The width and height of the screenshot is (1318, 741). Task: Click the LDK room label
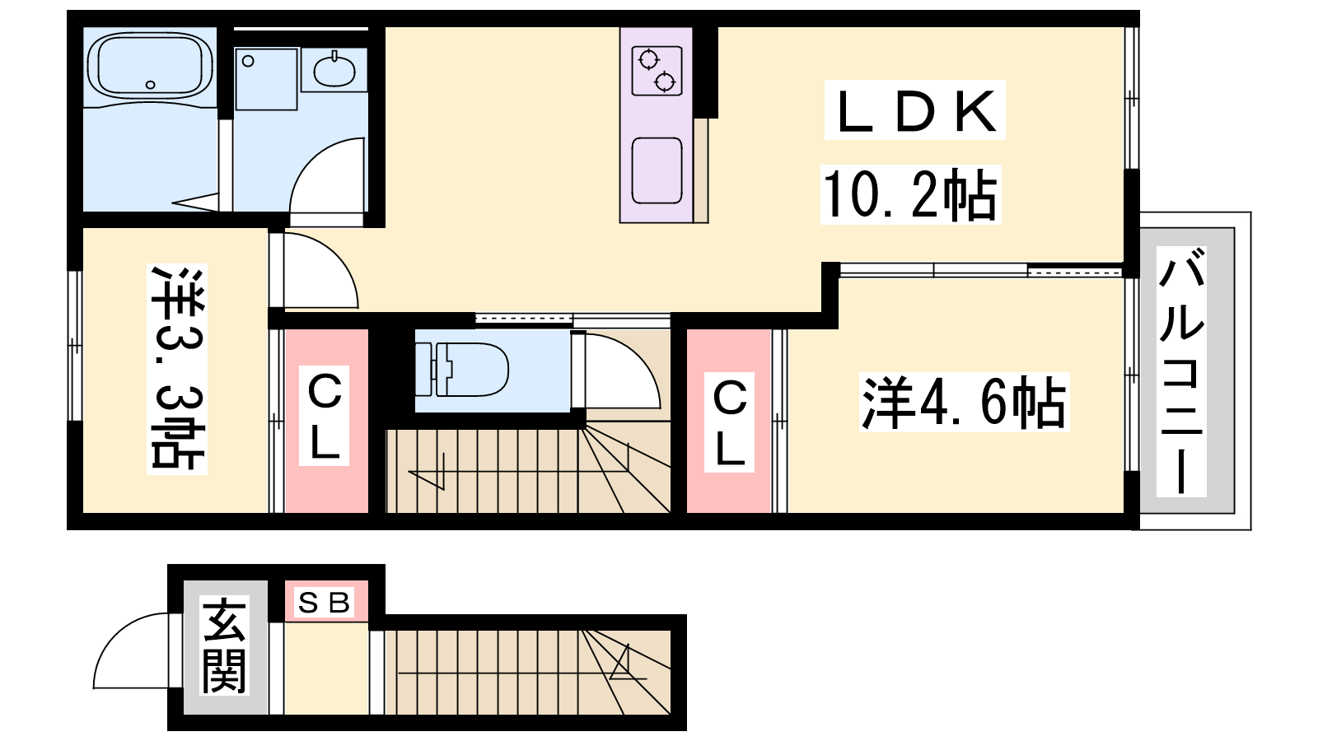click(x=914, y=110)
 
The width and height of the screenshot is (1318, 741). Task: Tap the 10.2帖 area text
click(x=910, y=194)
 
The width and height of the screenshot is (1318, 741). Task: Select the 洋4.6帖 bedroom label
click(x=963, y=403)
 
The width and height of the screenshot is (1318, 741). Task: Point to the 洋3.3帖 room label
click(x=177, y=369)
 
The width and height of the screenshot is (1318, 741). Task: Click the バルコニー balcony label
click(x=1181, y=371)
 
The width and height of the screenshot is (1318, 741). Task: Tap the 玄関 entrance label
click(x=224, y=645)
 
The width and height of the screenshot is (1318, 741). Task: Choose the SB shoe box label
click(x=325, y=602)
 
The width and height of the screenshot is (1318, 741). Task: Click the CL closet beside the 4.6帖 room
click(x=730, y=422)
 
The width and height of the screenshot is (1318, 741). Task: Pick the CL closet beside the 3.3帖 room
click(x=325, y=415)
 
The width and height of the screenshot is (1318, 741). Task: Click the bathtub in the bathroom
click(x=150, y=65)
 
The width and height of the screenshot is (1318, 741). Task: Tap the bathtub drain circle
click(x=150, y=85)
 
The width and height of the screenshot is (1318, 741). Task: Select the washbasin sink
click(x=334, y=72)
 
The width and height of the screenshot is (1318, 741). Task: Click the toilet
click(x=461, y=370)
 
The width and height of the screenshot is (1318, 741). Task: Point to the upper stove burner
click(x=648, y=60)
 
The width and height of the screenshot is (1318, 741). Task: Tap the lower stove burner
click(x=665, y=82)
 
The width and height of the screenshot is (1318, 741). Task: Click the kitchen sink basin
click(x=657, y=170)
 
